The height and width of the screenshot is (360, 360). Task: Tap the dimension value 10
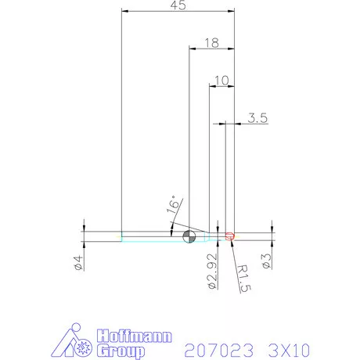click(x=221, y=80)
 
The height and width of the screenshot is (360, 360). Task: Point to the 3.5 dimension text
click(x=258, y=118)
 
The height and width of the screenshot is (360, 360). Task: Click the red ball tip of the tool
click(x=230, y=236)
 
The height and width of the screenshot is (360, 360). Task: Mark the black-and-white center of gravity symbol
click(x=189, y=236)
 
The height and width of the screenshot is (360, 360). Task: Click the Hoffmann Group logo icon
click(x=76, y=343)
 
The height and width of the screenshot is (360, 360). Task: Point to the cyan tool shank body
click(x=149, y=236)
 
